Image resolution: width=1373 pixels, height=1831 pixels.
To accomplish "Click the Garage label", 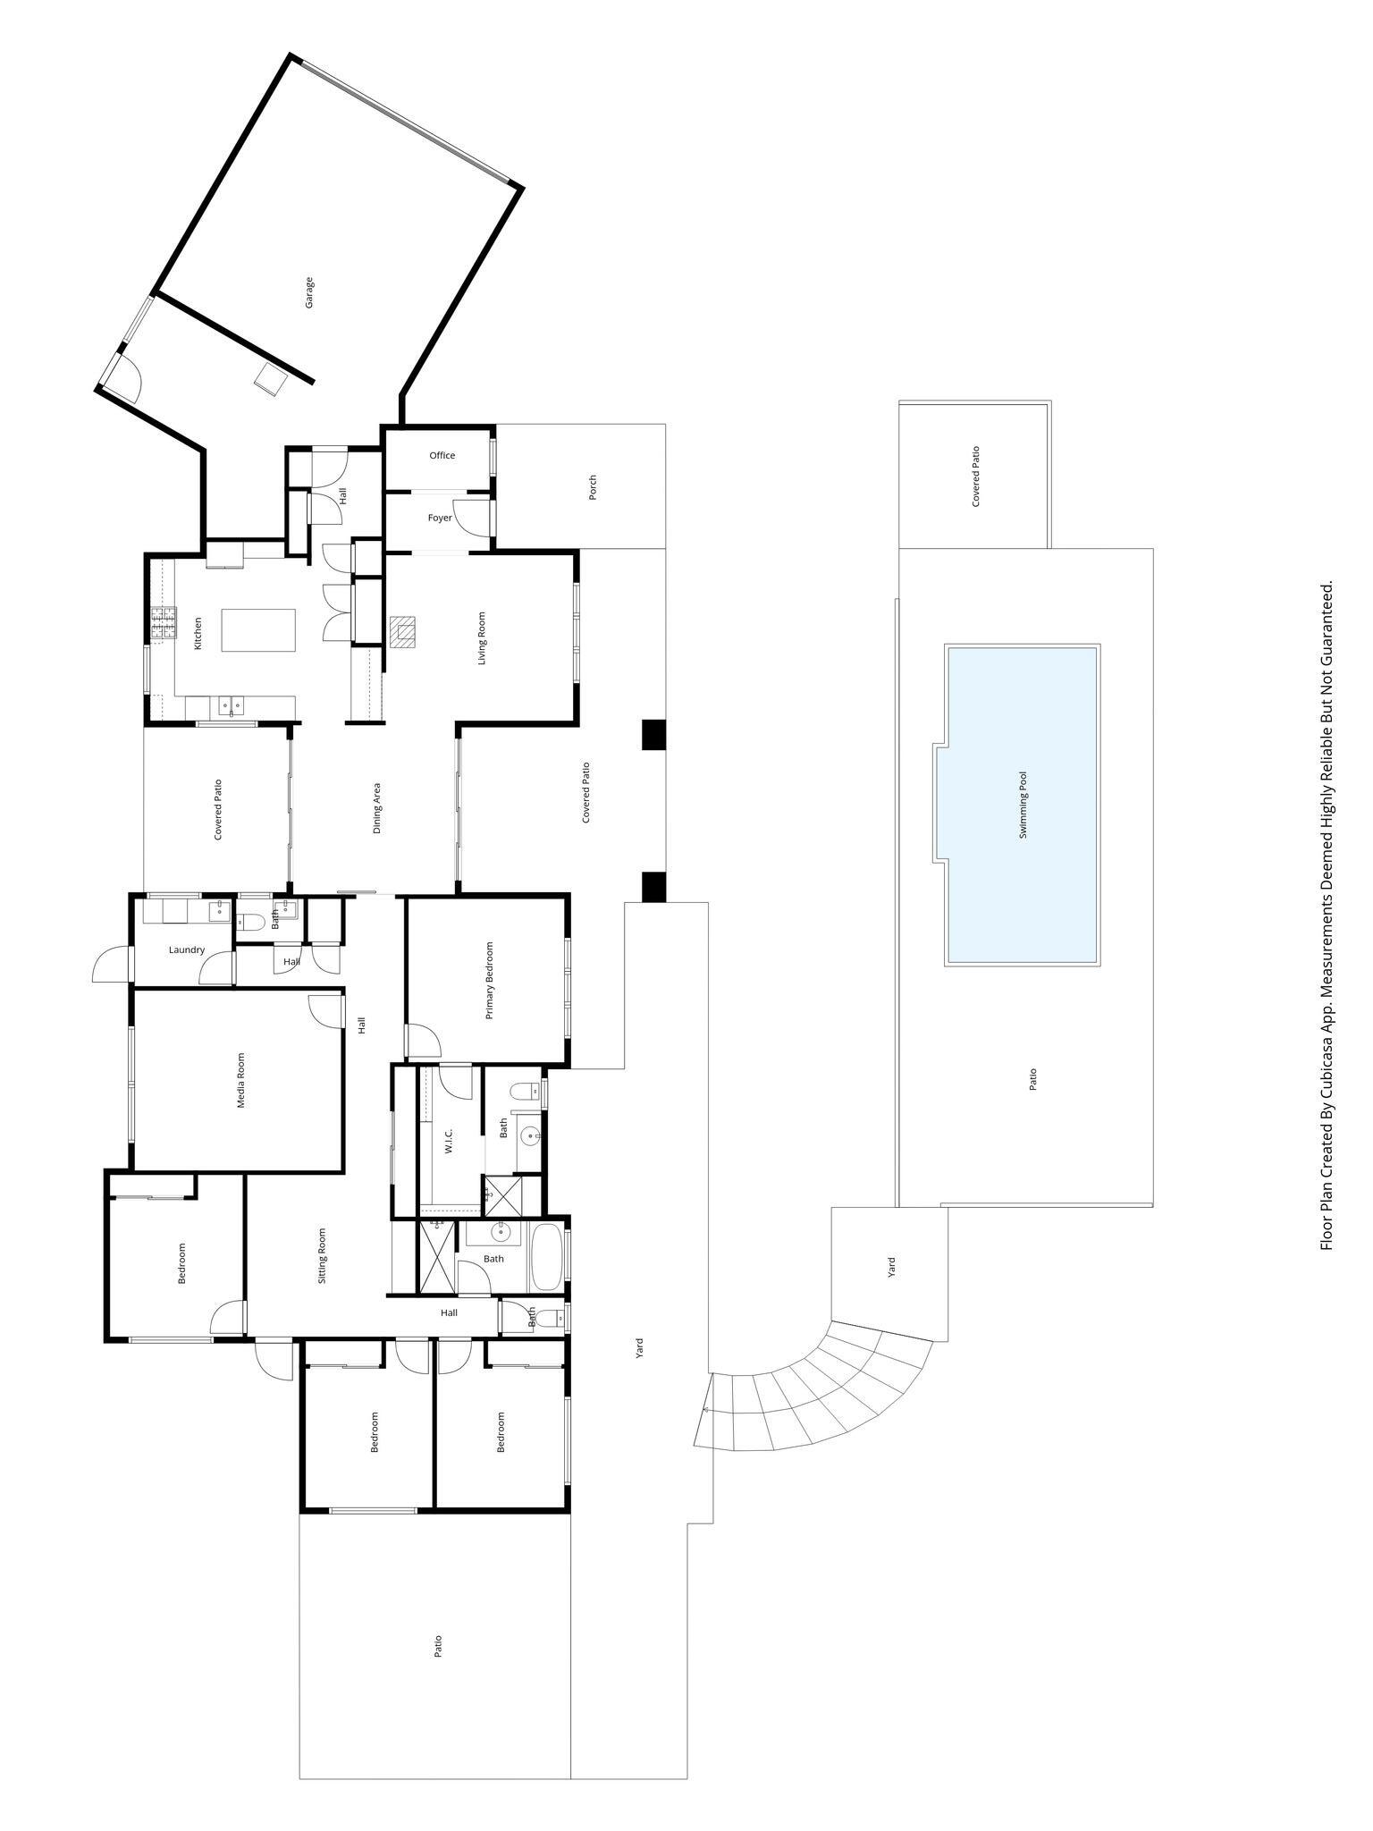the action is [309, 293].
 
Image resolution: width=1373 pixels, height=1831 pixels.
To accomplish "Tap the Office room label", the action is [442, 455].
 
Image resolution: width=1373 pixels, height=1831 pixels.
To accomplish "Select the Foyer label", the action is [439, 518].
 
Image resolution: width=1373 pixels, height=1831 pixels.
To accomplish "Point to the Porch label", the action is [592, 487].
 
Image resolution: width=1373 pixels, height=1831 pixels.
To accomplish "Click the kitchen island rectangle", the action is [258, 630].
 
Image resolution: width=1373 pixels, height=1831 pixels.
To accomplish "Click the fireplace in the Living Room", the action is [403, 631].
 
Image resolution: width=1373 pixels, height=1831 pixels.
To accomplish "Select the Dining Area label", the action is [377, 808].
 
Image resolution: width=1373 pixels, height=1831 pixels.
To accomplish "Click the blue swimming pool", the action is [1022, 805].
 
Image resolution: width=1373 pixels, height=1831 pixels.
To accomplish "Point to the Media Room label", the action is [240, 1080].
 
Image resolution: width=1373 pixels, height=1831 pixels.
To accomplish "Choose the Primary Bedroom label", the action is [489, 980].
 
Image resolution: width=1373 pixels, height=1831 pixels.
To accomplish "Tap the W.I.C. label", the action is [449, 1140].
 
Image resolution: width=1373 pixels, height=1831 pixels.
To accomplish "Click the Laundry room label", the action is [187, 949].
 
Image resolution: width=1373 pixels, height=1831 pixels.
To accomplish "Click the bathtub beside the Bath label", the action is [545, 1257].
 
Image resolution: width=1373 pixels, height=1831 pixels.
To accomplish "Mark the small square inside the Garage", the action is [270, 379].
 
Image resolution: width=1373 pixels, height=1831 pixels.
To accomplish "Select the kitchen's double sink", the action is [231, 707].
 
